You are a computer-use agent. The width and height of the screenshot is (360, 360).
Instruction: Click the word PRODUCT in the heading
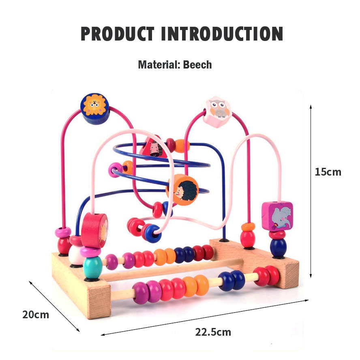tap(118, 34)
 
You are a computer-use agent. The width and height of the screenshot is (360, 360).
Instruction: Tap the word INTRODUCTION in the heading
tap(222, 34)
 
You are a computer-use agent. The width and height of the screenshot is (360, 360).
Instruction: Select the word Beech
tap(197, 64)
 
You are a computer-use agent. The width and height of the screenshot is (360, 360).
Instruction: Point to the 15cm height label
tap(328, 172)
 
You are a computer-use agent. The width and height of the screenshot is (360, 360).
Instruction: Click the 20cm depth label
tap(35, 314)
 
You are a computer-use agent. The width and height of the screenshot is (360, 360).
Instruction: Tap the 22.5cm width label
tap(213, 332)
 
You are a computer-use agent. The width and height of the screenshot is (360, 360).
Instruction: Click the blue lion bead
tap(95, 105)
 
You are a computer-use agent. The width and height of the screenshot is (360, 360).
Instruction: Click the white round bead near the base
tap(76, 255)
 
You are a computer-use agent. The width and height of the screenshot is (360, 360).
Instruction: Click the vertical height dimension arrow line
tap(311, 191)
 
